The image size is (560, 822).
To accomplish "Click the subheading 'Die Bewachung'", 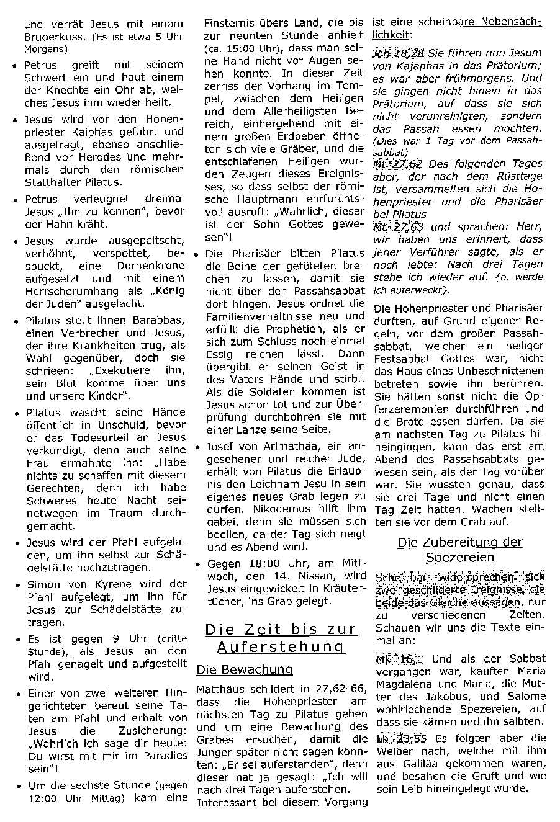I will point(244,669).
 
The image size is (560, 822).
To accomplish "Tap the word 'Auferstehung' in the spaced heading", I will point(281,648).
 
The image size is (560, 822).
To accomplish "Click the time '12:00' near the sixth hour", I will point(44,798).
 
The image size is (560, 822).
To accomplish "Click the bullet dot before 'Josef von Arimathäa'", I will point(197,447).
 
